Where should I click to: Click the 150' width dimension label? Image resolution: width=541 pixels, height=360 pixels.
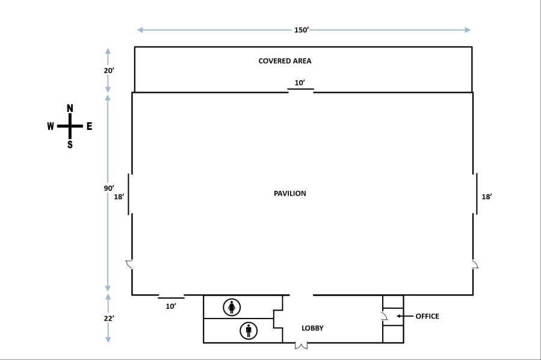[x=301, y=29]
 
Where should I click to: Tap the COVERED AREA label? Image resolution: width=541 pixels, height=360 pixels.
[x=285, y=61]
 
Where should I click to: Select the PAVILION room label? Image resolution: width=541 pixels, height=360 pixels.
[x=290, y=193]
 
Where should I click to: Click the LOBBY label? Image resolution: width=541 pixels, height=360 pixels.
[x=312, y=328]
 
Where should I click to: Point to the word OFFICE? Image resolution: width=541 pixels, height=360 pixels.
[x=427, y=316]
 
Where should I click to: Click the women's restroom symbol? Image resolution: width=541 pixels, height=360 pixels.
[x=232, y=307]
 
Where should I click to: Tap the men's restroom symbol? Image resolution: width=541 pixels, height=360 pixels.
[x=248, y=331]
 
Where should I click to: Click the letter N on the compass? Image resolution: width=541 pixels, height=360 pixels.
[x=70, y=108]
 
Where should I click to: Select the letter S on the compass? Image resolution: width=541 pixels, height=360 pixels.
[x=70, y=144]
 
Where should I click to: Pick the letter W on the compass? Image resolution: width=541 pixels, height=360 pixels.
[x=51, y=126]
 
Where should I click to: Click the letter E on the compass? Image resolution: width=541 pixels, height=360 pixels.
[x=89, y=126]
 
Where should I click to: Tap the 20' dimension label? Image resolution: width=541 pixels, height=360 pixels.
[x=108, y=70]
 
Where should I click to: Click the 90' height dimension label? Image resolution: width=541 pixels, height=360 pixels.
[x=108, y=188]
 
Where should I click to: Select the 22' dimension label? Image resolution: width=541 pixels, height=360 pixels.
[x=108, y=318]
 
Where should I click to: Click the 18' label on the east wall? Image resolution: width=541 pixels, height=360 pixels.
[x=487, y=196]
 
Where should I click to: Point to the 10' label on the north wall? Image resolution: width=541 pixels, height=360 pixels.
[x=300, y=82]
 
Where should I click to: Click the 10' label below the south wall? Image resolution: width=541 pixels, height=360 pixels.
[x=171, y=306]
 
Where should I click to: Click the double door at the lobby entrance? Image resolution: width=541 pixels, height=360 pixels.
[x=301, y=346]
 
